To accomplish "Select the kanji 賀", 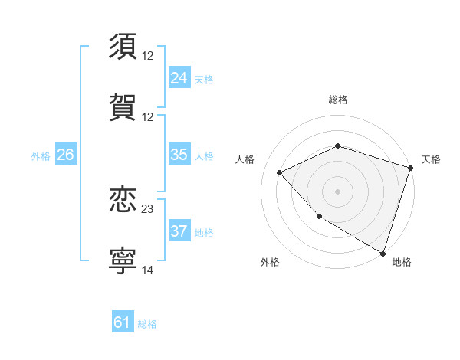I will coord(123,106).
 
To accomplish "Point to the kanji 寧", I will coord(123,260).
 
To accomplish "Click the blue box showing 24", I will coord(179,78).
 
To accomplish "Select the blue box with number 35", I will coord(179,155).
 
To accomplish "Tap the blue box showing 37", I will coord(179,231).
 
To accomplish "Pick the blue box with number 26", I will coord(65,155).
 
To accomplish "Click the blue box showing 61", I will coord(122,322).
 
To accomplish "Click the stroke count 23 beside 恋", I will coord(148,208).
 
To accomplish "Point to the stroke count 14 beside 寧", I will coord(148,270).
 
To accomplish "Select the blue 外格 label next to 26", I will coord(41,155).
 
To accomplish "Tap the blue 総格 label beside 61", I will coord(147,323).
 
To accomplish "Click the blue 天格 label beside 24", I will coord(204,79).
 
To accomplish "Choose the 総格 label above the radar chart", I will coord(337,100).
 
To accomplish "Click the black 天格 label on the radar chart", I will coord(431,159).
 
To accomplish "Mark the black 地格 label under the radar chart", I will coord(402,262).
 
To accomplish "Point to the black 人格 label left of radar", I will coord(245,159).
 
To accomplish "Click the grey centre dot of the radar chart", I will coord(337,191).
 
